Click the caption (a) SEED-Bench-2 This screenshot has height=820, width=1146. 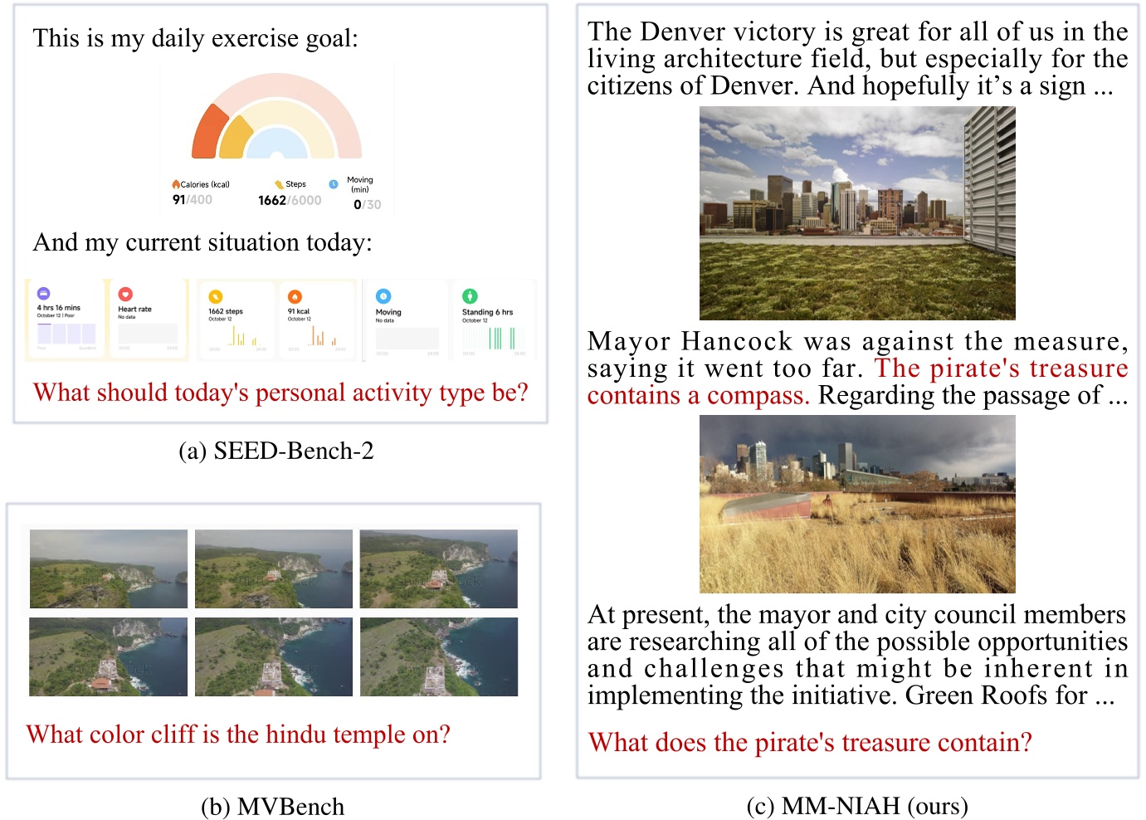(x=276, y=451)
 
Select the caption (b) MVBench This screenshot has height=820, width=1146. (x=272, y=807)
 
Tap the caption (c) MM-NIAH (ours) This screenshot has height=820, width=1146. (x=857, y=806)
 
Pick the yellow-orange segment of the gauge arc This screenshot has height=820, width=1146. (x=235, y=139)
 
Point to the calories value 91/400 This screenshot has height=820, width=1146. (x=192, y=200)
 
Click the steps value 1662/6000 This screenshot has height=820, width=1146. (x=289, y=200)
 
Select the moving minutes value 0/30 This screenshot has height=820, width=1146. (x=367, y=204)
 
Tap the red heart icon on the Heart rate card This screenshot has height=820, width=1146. (x=125, y=294)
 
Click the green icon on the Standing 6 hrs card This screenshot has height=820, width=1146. (x=470, y=295)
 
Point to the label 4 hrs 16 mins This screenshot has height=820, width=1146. (x=58, y=307)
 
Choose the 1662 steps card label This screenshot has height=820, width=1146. (x=226, y=311)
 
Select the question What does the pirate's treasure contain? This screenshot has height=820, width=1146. (x=809, y=741)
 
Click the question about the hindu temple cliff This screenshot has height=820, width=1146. (x=238, y=734)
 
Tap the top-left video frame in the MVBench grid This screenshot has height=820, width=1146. (x=109, y=569)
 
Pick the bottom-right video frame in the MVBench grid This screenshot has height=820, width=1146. (x=438, y=656)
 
